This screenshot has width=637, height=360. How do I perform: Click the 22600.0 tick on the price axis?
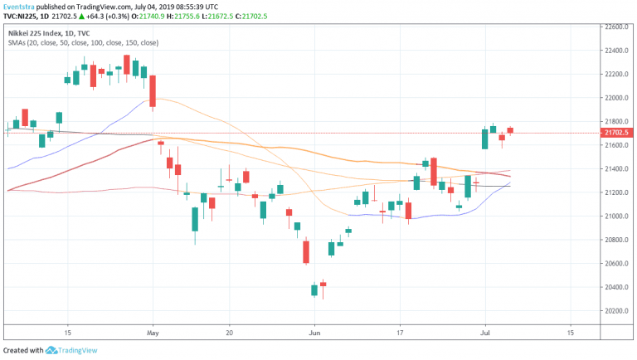616,27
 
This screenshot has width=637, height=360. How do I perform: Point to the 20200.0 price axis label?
616,311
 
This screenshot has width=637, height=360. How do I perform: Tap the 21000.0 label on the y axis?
616,216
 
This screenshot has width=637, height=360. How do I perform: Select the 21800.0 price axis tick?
616,121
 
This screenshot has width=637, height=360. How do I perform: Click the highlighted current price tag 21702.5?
616,133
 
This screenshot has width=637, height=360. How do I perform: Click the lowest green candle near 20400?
314,289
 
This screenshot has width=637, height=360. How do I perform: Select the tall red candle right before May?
152,91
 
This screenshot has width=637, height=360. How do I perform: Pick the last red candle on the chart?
510,130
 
